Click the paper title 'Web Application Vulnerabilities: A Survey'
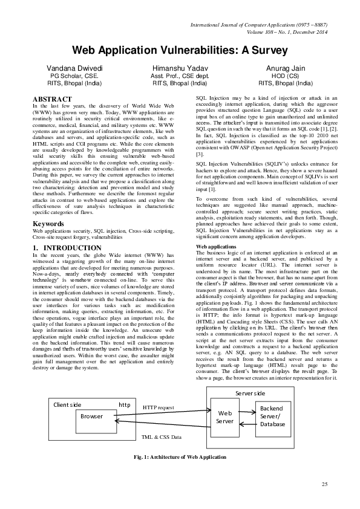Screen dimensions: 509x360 (180, 52)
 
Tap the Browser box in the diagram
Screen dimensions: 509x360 (92, 417)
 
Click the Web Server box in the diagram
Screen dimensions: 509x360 (224, 417)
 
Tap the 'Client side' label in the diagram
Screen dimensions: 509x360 (67, 404)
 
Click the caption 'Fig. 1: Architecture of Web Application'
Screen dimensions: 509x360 (180, 456)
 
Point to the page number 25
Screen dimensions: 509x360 (324, 484)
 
